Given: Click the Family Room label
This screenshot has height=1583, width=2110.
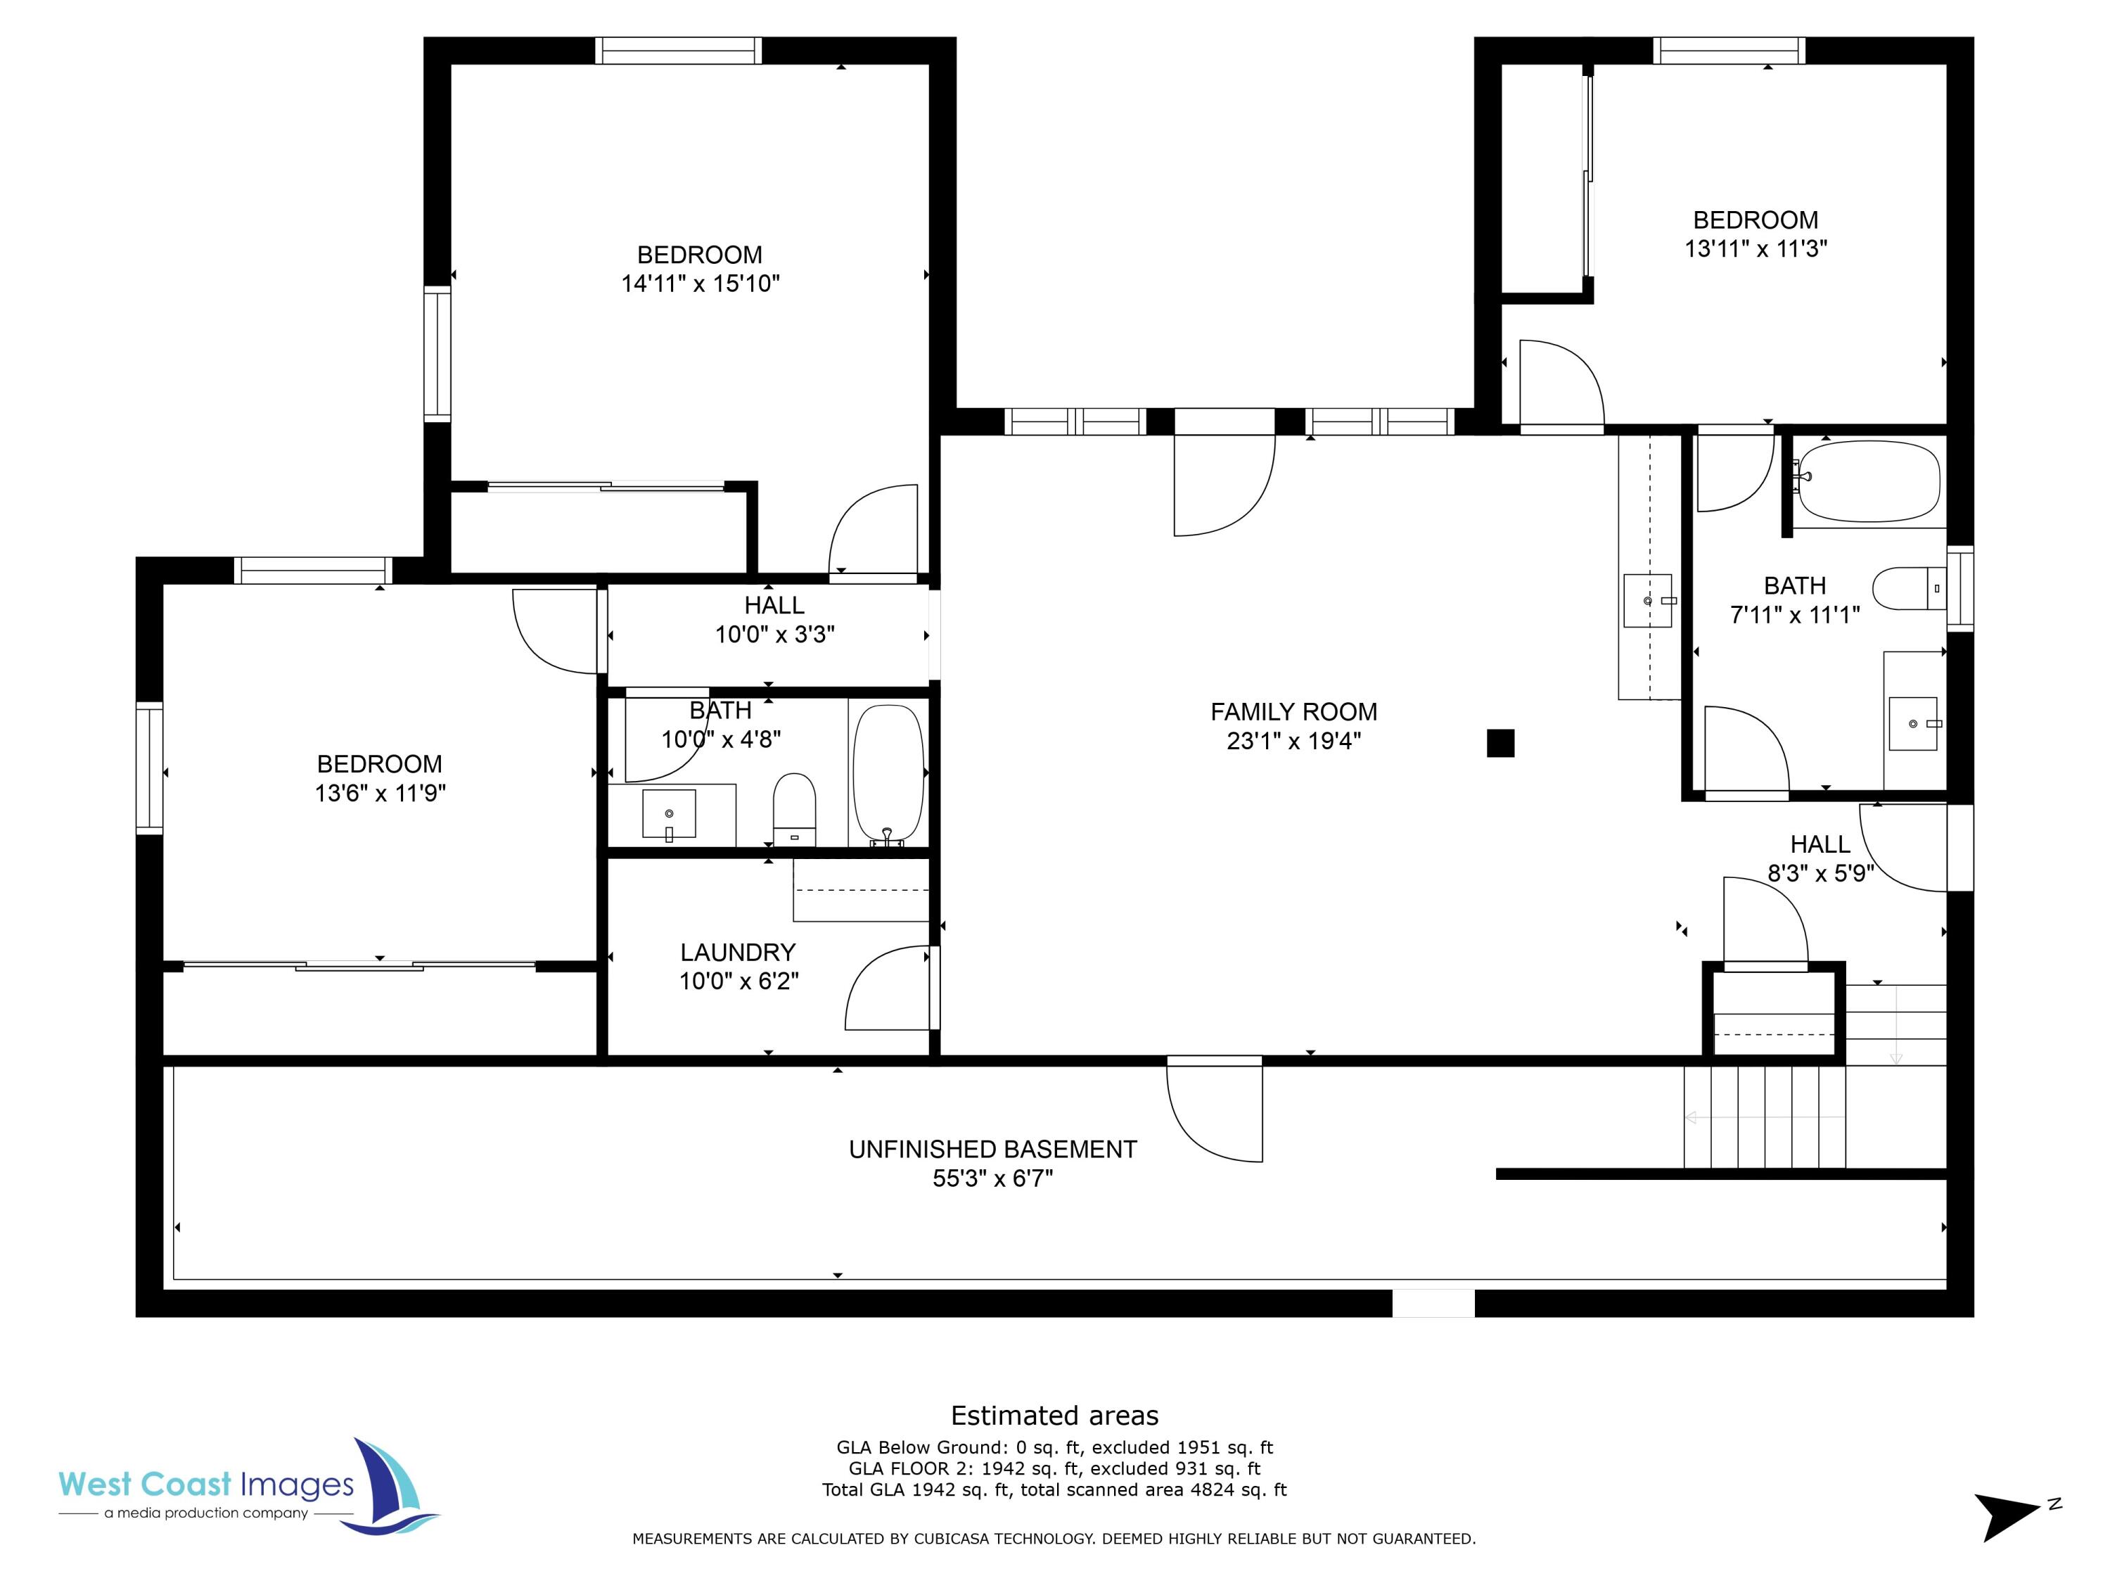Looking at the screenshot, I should coord(1293,712).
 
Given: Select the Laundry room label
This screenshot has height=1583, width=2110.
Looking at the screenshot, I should coord(737,953).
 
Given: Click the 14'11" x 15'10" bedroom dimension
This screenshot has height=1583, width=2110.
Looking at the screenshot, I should coord(700,284).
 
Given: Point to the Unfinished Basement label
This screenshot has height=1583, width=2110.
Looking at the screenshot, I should coord(992,1150).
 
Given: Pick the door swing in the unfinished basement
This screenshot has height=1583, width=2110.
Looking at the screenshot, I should coord(1211,1112).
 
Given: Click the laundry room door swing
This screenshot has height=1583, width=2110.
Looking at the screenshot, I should coord(887,988).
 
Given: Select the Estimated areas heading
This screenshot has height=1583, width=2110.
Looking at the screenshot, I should coord(1054,1415).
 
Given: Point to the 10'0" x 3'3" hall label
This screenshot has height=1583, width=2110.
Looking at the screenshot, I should coord(774,606).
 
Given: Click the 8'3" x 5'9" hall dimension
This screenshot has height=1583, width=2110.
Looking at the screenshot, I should coord(1820,873).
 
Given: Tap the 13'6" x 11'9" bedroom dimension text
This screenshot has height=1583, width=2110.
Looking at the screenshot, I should coord(380,793).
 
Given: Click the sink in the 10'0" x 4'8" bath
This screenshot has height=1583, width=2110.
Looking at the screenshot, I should coord(669,814).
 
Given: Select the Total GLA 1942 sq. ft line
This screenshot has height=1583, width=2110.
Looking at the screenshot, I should coord(1054,1489).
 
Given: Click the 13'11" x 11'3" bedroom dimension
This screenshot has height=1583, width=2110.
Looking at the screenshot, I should coord(1755,249).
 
